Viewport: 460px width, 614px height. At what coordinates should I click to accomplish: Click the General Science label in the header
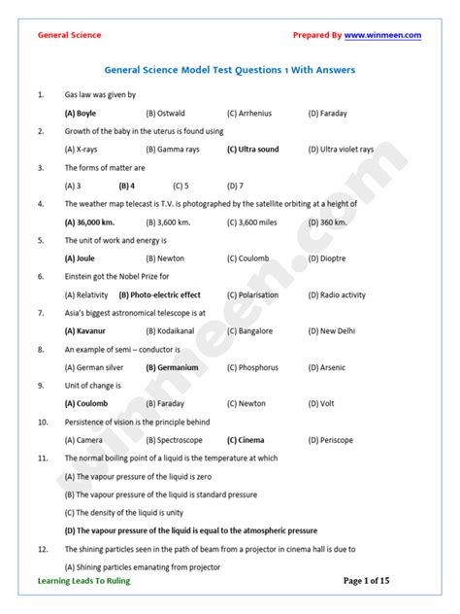pyautogui.click(x=69, y=35)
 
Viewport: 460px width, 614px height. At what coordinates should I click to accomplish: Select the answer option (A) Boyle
pyautogui.click(x=81, y=114)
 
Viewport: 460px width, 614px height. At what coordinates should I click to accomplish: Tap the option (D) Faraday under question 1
pyautogui.click(x=327, y=114)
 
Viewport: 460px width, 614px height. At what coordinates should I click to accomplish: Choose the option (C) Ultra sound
pyautogui.click(x=252, y=150)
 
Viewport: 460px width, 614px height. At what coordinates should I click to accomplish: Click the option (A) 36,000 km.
pyautogui.click(x=89, y=222)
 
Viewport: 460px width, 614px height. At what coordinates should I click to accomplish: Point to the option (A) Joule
pyautogui.click(x=80, y=258)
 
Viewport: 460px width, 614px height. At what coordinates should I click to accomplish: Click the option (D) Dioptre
pyautogui.click(x=328, y=258)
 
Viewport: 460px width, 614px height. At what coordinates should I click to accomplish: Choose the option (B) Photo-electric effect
pyautogui.click(x=159, y=295)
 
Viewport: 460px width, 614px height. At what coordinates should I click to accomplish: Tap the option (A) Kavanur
pyautogui.click(x=83, y=331)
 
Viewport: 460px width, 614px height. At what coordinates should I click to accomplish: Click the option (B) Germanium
pyautogui.click(x=172, y=368)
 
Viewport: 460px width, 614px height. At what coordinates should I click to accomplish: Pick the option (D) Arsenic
pyautogui.click(x=326, y=368)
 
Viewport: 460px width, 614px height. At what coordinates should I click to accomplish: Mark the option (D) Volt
pyautogui.click(x=321, y=404)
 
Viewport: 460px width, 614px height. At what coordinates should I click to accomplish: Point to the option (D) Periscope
pyautogui.click(x=330, y=440)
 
